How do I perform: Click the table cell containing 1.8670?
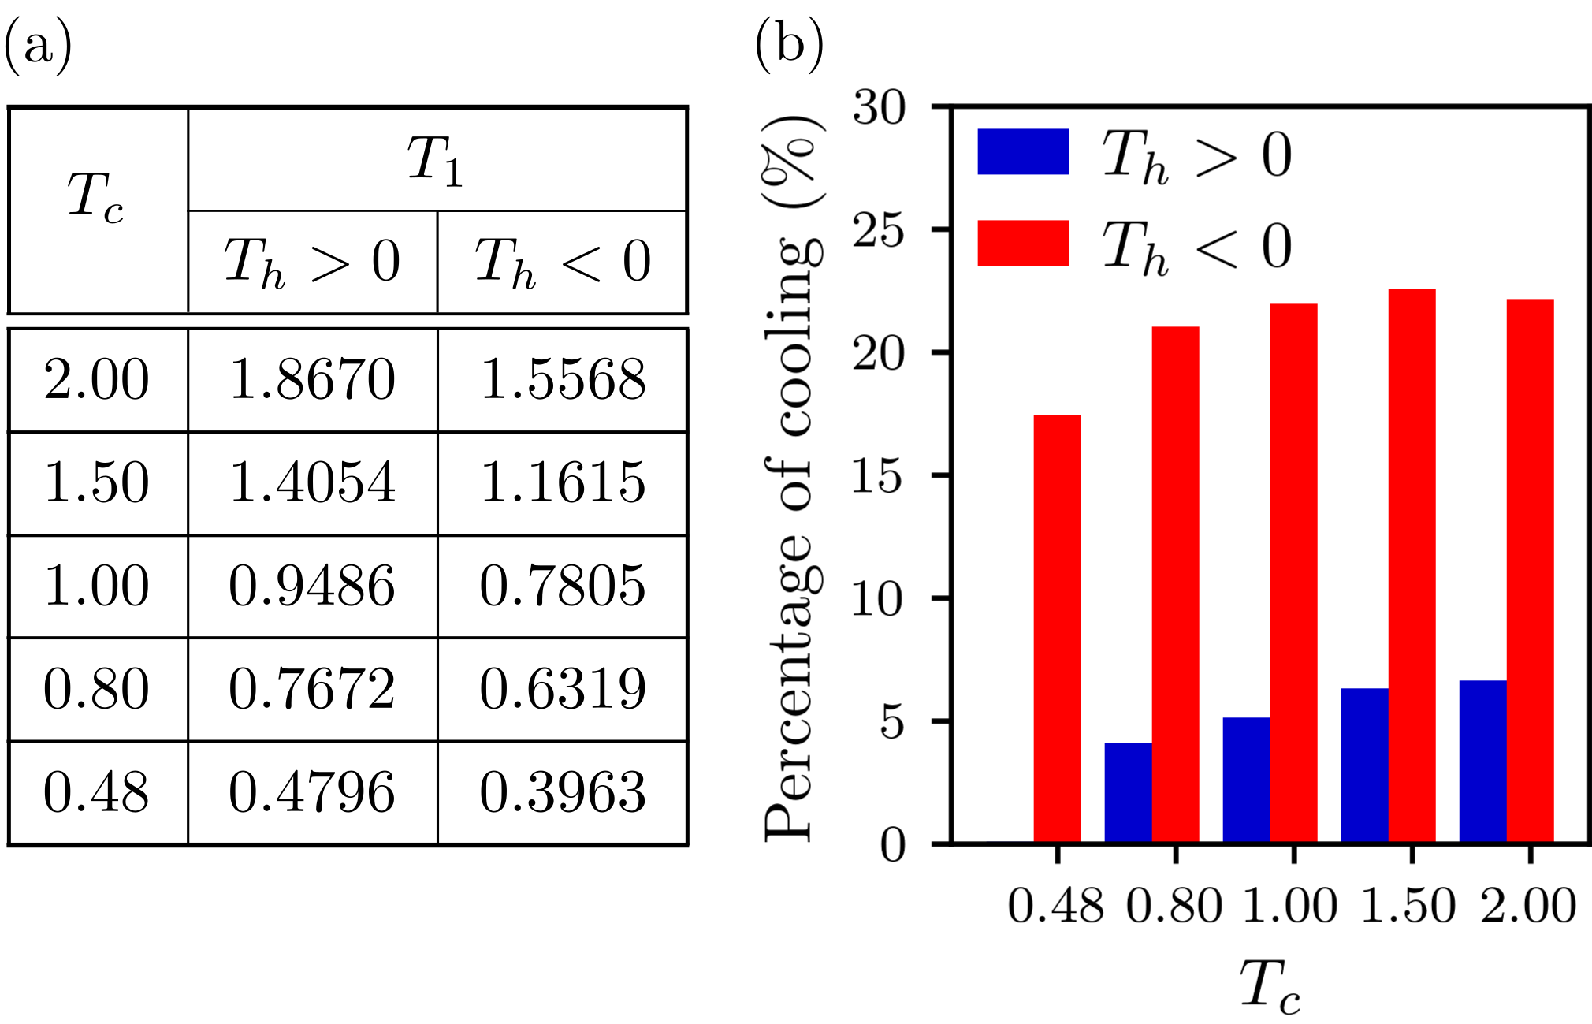point(312,379)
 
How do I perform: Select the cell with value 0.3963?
point(563,792)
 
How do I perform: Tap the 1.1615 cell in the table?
point(563,482)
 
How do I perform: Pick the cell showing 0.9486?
point(312,586)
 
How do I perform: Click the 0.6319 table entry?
point(563,689)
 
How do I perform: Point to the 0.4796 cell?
point(312,792)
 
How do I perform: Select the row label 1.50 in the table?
point(97,482)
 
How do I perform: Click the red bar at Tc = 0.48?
point(1057,629)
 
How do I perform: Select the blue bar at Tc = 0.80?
point(1128,792)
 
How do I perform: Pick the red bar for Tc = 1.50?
point(1412,566)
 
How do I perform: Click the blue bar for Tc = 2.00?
point(1482,761)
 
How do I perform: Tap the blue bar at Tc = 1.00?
point(1246,780)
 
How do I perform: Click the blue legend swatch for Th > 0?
point(1023,151)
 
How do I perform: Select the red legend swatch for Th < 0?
point(1023,243)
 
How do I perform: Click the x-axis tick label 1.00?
point(1290,906)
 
